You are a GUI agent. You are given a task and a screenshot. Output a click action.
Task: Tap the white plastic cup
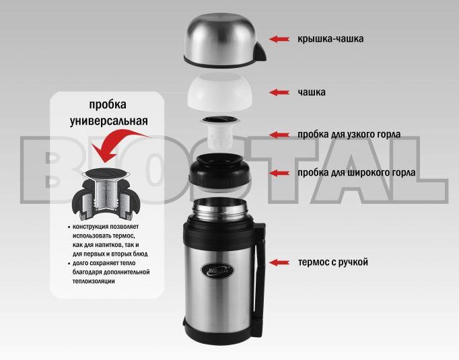(x=220, y=92)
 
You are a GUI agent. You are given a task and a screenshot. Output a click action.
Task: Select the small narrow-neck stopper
(x=220, y=132)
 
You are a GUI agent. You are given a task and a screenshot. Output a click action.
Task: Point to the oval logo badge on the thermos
(x=217, y=270)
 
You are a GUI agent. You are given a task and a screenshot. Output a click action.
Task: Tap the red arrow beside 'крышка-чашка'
(x=279, y=39)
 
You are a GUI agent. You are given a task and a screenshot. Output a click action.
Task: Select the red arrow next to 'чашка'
(x=279, y=92)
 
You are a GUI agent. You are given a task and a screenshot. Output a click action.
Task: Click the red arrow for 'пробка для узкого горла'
(x=279, y=135)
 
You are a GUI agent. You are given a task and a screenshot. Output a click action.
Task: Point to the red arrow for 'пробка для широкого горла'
(x=279, y=173)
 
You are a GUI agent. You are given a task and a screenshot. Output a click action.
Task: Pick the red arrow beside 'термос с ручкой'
(x=279, y=262)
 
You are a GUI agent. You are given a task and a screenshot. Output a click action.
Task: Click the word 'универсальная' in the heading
(x=109, y=120)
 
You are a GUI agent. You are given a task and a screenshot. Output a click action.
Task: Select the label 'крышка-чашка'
(x=330, y=38)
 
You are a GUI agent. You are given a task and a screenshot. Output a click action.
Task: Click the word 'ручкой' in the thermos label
(x=353, y=262)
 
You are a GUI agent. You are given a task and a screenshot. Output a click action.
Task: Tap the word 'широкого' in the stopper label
(x=372, y=173)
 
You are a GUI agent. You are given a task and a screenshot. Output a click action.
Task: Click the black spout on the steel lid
(x=260, y=52)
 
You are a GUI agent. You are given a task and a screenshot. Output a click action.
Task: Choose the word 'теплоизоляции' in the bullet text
(x=94, y=281)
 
